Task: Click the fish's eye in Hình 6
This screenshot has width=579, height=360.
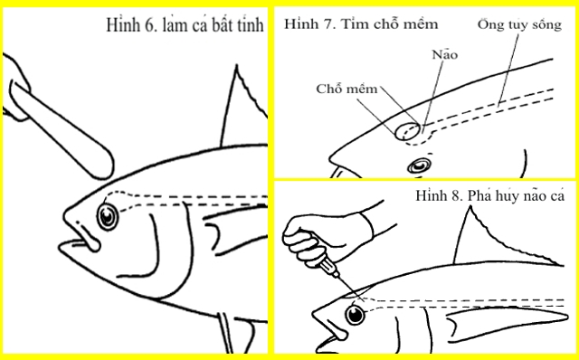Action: (108, 217)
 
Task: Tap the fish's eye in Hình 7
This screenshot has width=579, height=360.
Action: (419, 166)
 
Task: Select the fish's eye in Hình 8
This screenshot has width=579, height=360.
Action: (356, 315)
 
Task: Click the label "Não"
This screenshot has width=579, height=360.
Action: (444, 55)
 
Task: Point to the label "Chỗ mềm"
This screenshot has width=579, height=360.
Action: (346, 89)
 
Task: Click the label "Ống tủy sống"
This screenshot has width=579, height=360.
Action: (519, 24)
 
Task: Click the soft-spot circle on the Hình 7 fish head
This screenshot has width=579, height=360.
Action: (407, 131)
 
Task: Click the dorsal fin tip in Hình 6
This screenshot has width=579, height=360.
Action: (237, 66)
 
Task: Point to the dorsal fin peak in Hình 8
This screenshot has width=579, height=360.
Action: (470, 207)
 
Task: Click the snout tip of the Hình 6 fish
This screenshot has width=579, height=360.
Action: (65, 214)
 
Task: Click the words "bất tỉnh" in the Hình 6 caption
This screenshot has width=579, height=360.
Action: (238, 25)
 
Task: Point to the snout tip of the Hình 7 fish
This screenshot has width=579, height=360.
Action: (330, 159)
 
